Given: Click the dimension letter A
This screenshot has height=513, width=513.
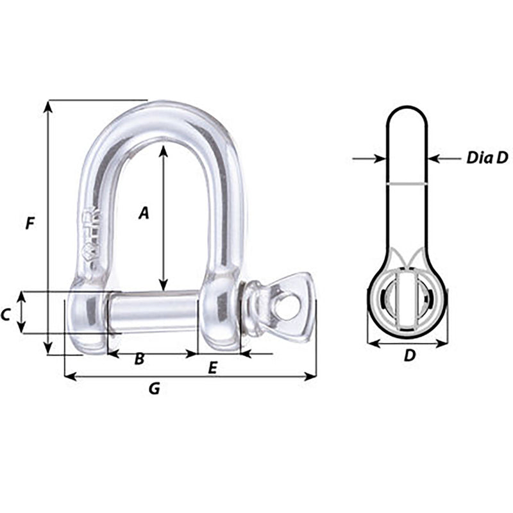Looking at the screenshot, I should click(144, 212).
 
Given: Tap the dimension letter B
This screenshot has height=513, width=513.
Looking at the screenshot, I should click(139, 360).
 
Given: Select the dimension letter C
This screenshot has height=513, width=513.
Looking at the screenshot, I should click(6, 314).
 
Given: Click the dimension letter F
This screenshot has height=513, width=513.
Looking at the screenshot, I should click(28, 224).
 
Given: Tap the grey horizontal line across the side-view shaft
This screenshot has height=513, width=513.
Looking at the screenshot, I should click(406, 184).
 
